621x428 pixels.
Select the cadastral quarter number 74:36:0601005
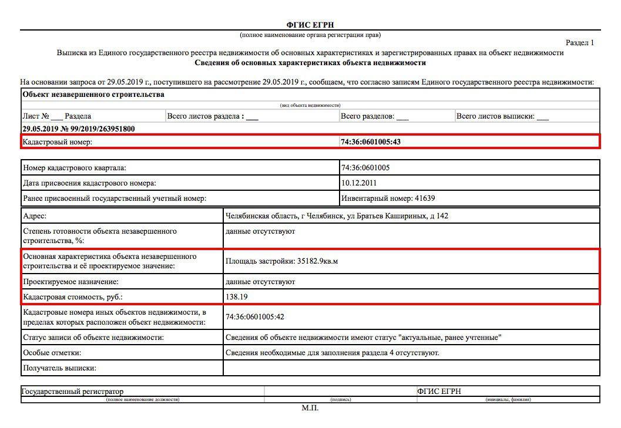pyautogui.click(x=365, y=168)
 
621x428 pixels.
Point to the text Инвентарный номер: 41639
pyautogui.click(x=388, y=198)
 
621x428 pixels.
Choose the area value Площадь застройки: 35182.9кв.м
pyautogui.click(x=281, y=261)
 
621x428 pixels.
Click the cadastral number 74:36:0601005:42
pyautogui.click(x=255, y=317)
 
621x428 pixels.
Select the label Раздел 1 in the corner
pyautogui.click(x=579, y=42)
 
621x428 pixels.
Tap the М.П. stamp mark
pyautogui.click(x=310, y=408)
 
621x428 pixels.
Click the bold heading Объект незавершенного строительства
pyautogui.click(x=93, y=95)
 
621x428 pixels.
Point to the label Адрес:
pyautogui.click(x=35, y=216)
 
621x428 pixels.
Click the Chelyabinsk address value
pyautogui.click(x=337, y=216)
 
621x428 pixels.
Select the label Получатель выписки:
pyautogui.click(x=59, y=369)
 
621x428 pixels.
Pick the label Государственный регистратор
pyautogui.click(x=73, y=391)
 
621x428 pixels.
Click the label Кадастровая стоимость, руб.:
pyautogui.click(x=73, y=297)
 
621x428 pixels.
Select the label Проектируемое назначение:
pyautogui.click(x=71, y=282)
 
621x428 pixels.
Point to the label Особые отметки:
pyautogui.click(x=52, y=353)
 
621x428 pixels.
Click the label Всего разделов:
pyautogui.click(x=367, y=116)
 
